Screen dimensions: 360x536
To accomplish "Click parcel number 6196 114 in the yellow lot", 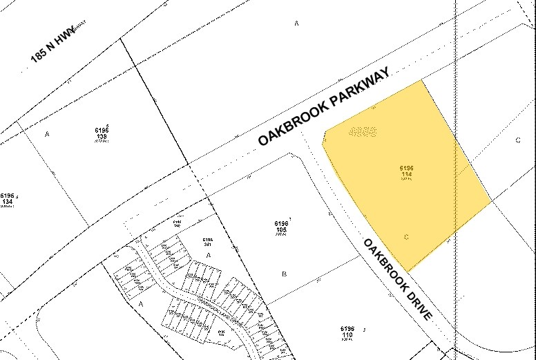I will point(406,172).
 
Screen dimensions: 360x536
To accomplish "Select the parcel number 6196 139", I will point(102,133).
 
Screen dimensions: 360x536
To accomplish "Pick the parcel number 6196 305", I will point(280,227).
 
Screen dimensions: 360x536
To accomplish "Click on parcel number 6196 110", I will point(347,332).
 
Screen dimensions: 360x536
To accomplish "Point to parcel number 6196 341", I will point(209,242).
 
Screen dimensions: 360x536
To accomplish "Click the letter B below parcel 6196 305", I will point(284,274).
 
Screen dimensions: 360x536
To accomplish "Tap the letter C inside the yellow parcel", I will point(406,237).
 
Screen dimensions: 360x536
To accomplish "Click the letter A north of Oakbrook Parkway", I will point(296,23).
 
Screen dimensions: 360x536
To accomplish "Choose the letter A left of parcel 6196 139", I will point(48,133).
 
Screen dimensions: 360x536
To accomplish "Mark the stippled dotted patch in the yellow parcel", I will point(363,131).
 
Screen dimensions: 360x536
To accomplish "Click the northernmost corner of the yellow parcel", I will point(421,81).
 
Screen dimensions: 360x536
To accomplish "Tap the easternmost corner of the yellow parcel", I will point(491,202).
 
